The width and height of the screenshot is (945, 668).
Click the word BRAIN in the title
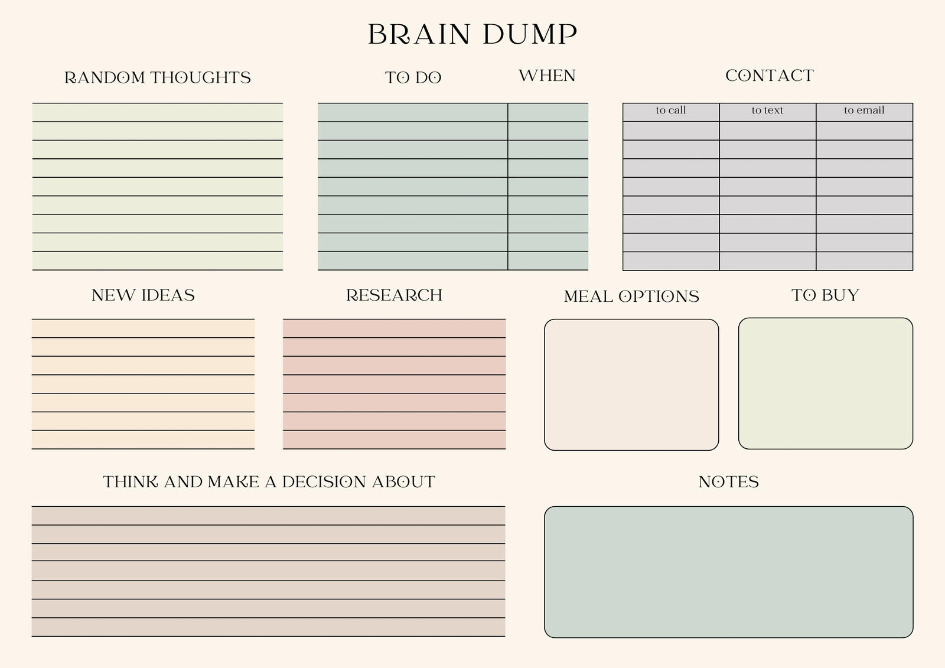click(419, 34)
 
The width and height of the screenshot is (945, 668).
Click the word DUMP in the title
click(530, 34)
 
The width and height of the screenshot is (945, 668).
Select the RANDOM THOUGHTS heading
click(157, 77)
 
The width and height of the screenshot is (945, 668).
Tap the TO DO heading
click(413, 77)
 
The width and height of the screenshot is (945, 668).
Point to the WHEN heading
click(547, 76)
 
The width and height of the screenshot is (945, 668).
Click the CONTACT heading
click(770, 76)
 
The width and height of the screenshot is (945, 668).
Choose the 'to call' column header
click(671, 110)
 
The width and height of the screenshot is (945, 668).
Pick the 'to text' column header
click(767, 110)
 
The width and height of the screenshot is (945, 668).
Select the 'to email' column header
click(864, 110)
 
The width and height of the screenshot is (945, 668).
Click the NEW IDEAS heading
click(143, 295)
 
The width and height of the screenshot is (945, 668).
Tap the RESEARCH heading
click(394, 295)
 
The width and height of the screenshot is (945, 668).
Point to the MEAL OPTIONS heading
click(631, 296)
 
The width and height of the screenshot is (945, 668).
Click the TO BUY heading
click(825, 295)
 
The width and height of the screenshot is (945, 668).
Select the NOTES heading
click(729, 482)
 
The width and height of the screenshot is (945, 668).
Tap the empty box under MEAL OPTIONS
click(631, 385)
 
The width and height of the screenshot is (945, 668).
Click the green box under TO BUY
click(826, 383)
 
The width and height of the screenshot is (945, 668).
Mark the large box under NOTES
click(729, 572)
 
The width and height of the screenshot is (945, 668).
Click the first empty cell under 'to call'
click(671, 131)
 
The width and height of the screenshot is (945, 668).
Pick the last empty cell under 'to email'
click(865, 261)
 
